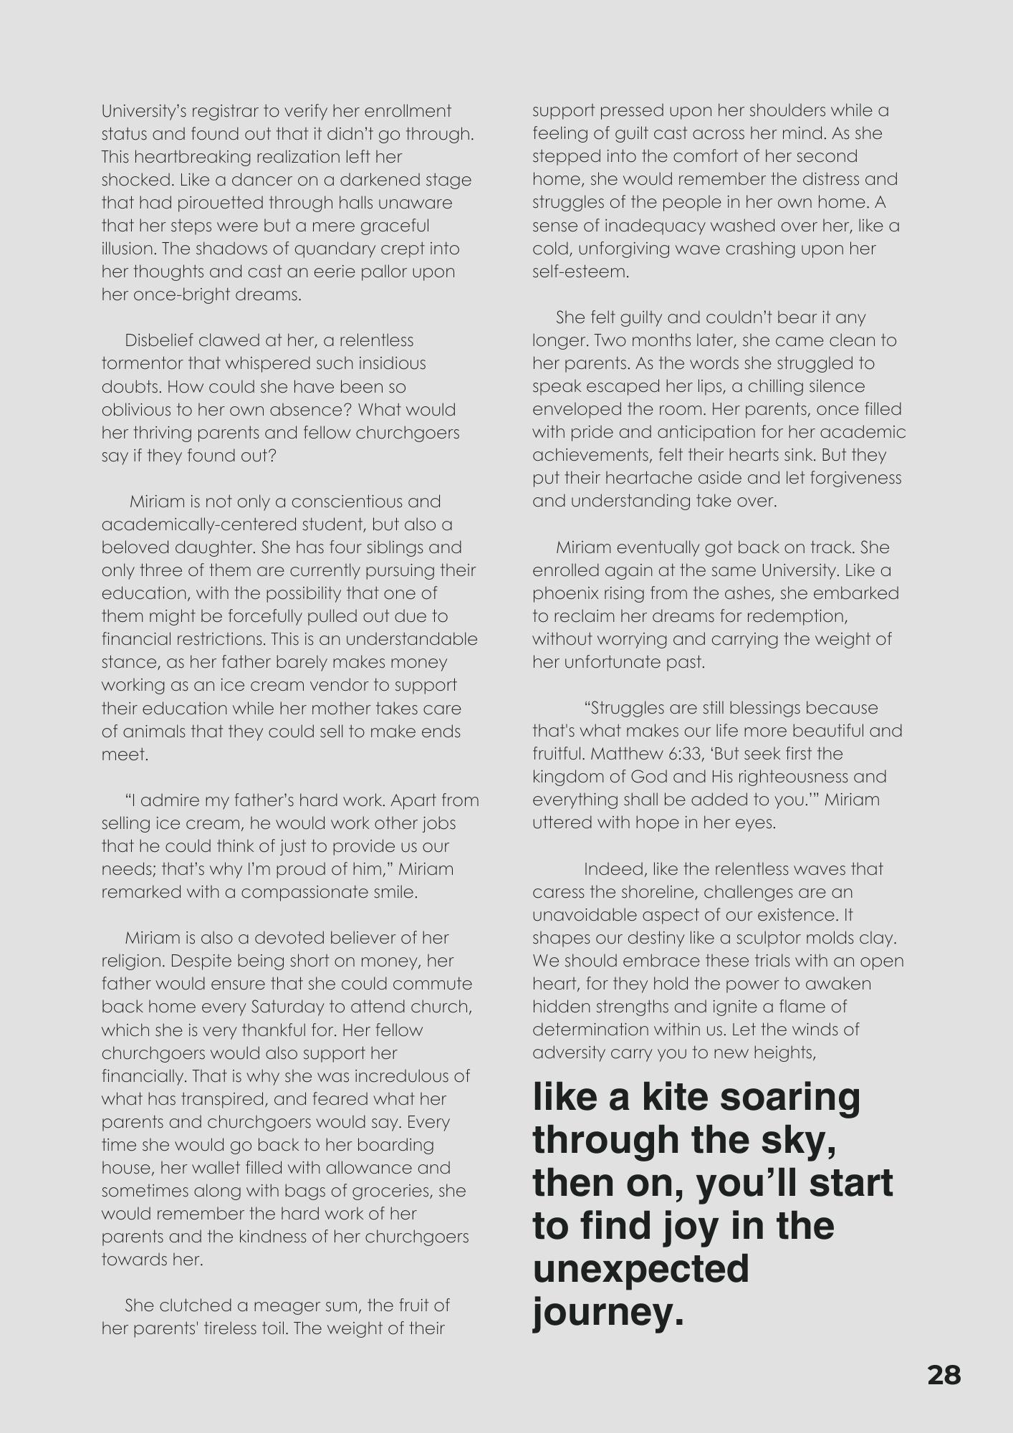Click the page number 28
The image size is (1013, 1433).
coord(944,1375)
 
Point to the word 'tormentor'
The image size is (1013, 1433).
coord(142,363)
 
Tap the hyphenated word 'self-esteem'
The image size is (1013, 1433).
coord(580,272)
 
